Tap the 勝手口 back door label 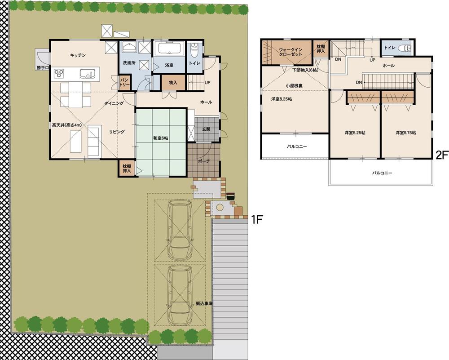[x=44, y=68]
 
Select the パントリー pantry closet [x=124, y=82]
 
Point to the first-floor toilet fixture [x=194, y=49]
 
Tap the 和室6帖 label [x=161, y=138]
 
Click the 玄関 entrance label [x=212, y=130]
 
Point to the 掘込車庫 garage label [x=204, y=304]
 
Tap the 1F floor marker [x=256, y=220]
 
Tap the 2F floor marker [x=442, y=156]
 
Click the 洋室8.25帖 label [x=281, y=99]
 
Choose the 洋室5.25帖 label [x=355, y=133]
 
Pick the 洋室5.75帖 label [x=405, y=133]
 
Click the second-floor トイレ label [x=389, y=47]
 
